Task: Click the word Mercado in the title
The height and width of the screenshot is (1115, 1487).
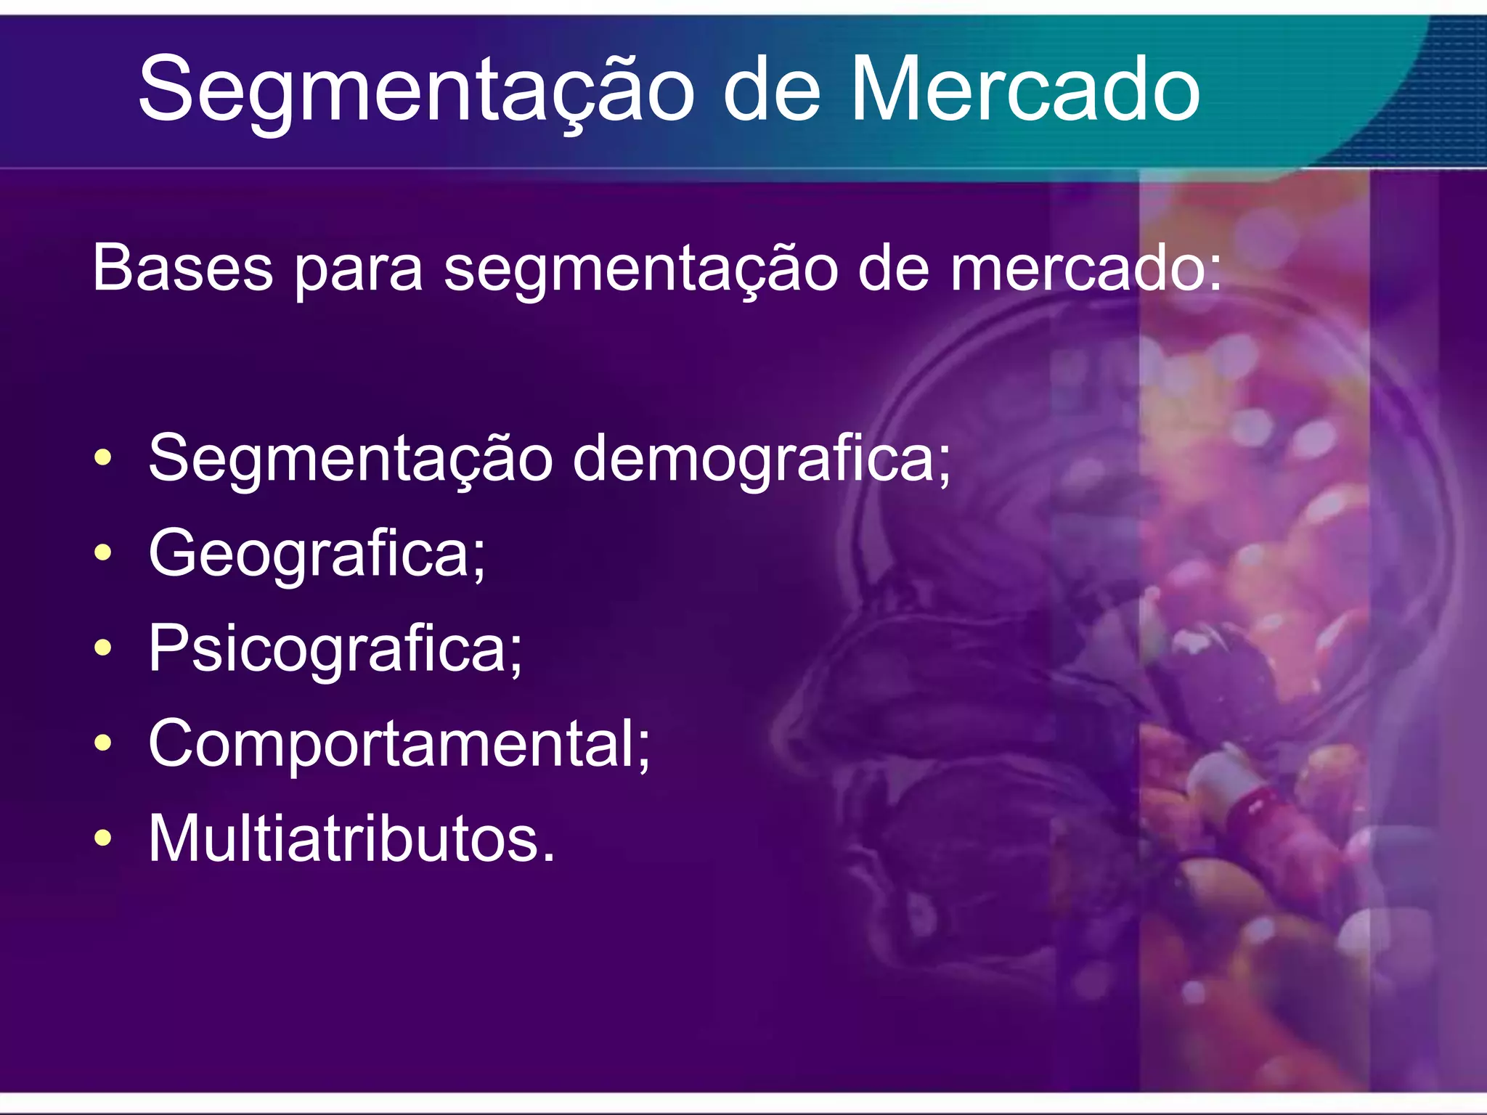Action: pos(1024,91)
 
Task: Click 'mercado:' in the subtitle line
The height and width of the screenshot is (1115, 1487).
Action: pos(1086,268)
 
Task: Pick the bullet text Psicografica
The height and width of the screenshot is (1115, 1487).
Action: pos(335,650)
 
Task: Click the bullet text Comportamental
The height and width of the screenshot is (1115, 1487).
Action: pos(399,743)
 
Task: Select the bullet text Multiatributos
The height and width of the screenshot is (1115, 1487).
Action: pos(351,838)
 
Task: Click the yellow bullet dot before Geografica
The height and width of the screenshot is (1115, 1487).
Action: pos(103,553)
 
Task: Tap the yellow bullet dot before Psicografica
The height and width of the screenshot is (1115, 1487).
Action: pos(103,648)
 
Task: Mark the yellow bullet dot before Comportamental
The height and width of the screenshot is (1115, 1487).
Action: pos(103,743)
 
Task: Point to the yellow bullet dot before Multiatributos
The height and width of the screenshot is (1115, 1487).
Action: pos(103,838)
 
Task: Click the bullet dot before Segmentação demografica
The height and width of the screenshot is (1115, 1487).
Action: pos(103,458)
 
